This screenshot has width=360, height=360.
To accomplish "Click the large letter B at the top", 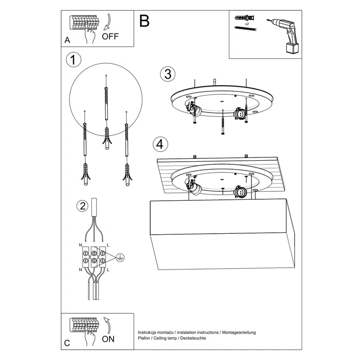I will coord(144,21).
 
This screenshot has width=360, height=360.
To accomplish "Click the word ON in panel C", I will coord(108,338).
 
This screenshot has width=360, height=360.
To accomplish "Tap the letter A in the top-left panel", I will coord(67,41).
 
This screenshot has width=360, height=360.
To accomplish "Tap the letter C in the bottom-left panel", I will coord(67,343).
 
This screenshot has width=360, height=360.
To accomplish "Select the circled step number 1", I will coord(73,60).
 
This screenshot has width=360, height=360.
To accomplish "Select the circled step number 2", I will coord(82,206).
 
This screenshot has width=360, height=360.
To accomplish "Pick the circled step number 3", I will coord(167,74).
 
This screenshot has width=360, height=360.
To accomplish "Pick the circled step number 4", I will coord(161,144).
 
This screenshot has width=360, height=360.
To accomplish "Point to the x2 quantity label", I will coord(246,23).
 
